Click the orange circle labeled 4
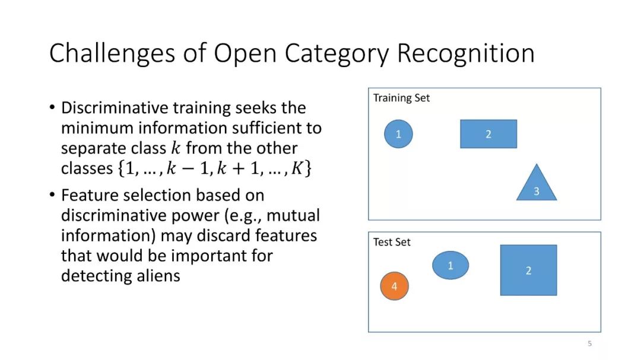click(x=395, y=286)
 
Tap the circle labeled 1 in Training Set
click(x=399, y=134)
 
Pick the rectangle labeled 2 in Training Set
click(x=488, y=134)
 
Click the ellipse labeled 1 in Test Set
click(x=450, y=265)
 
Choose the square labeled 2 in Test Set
click(x=529, y=270)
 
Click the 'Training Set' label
click(x=401, y=98)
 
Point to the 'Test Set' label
click(x=392, y=242)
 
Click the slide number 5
click(x=589, y=343)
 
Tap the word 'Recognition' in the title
click(x=466, y=53)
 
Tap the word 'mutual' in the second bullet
click(x=293, y=215)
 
